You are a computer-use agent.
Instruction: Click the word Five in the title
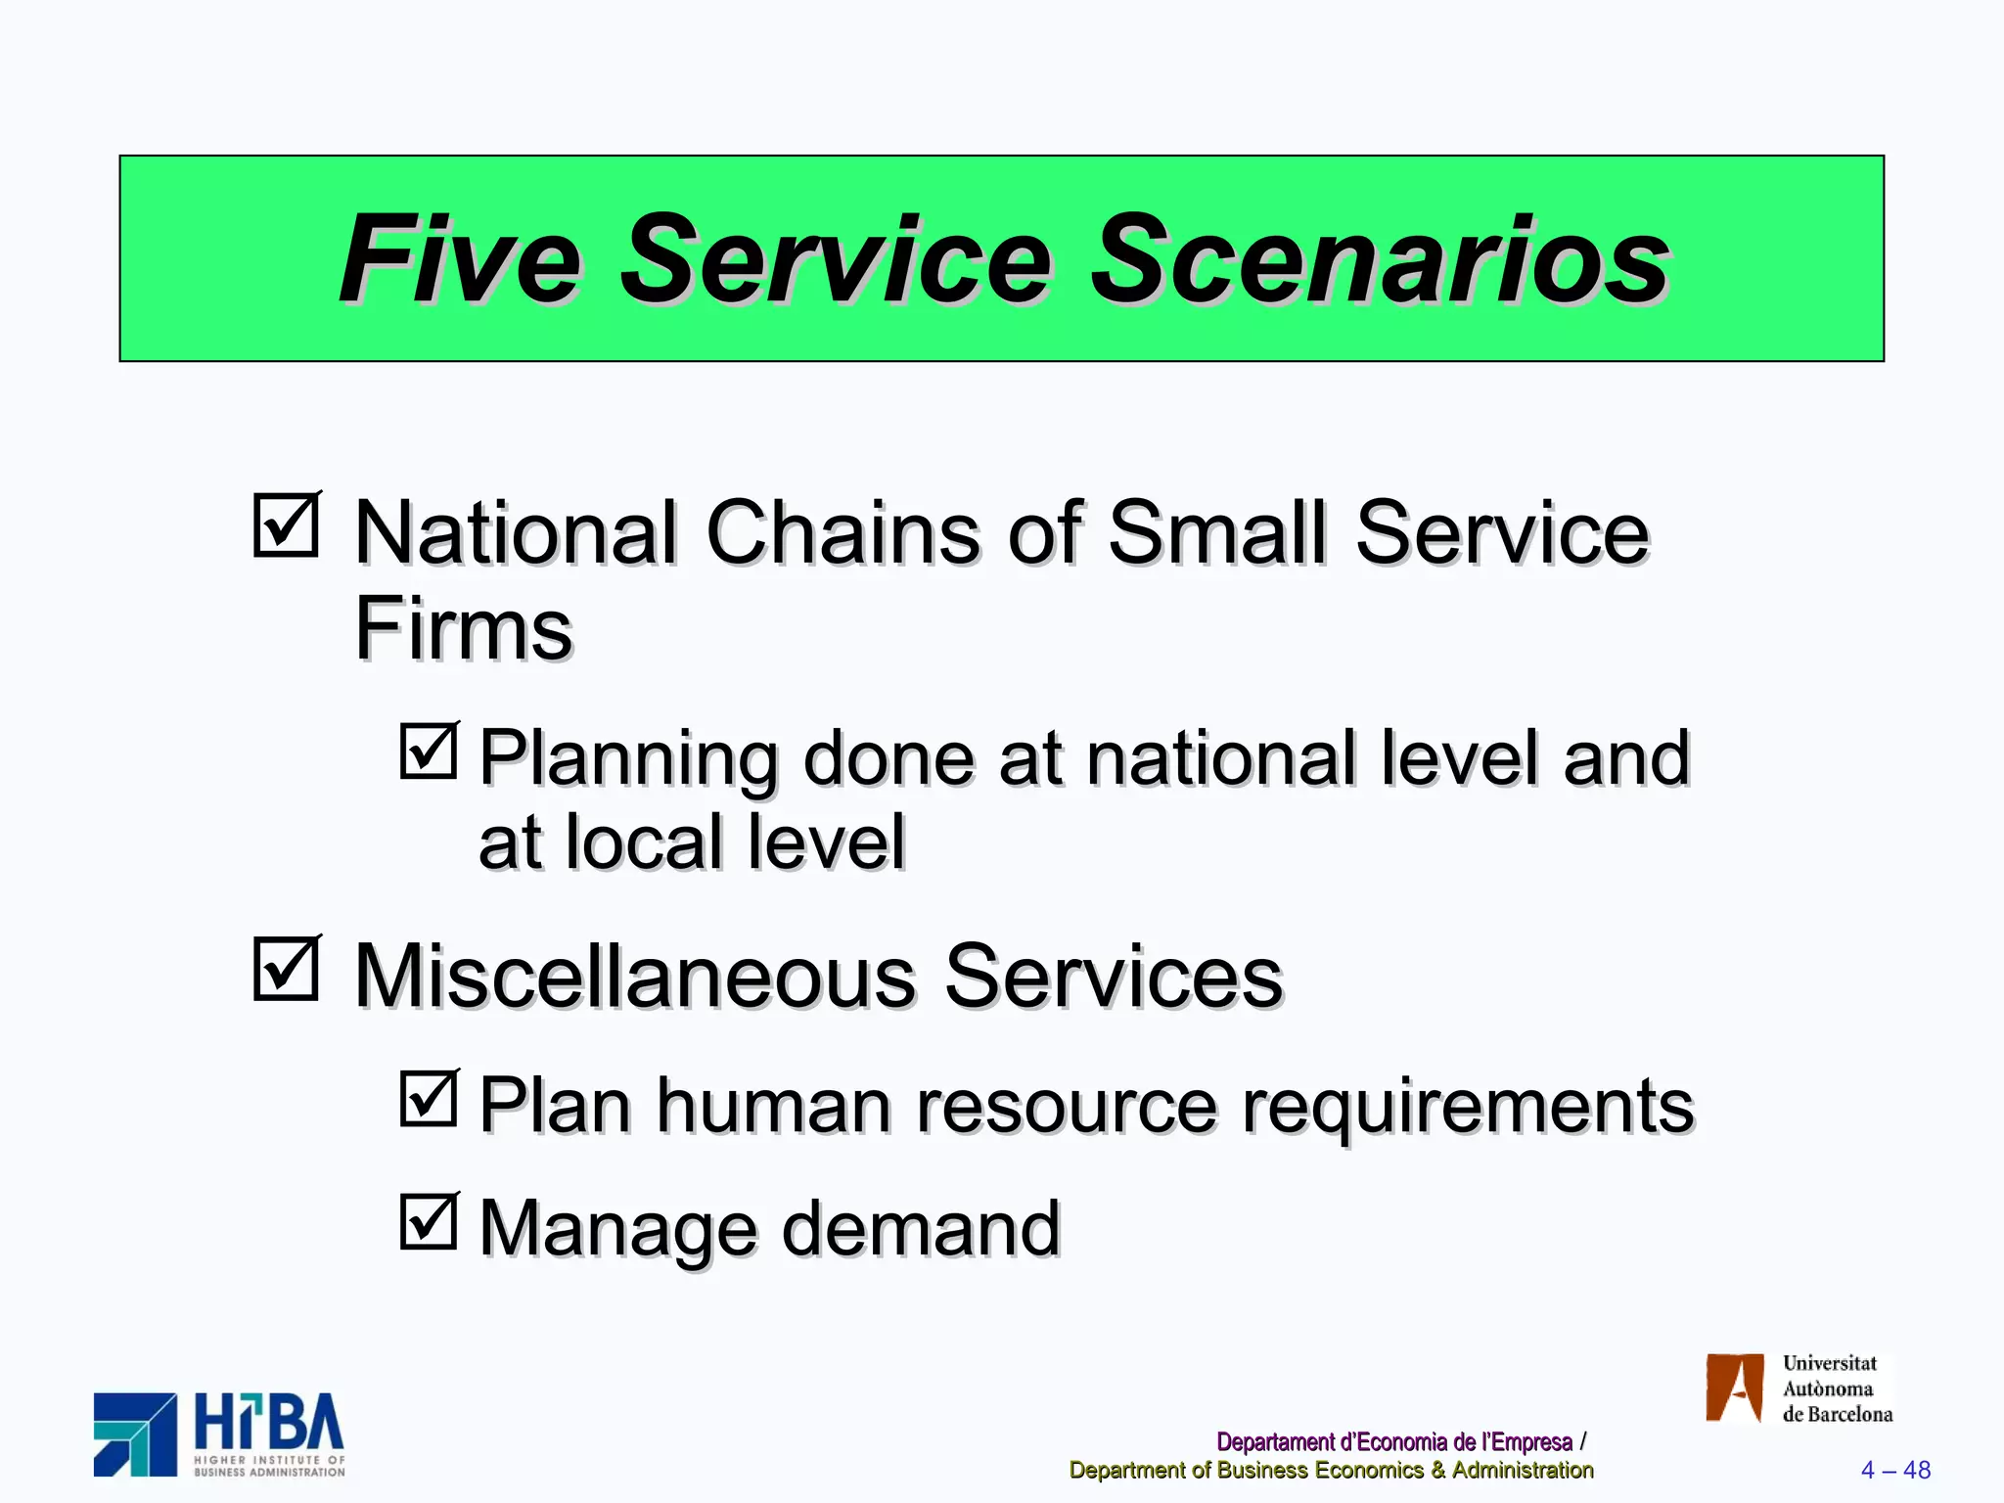coord(460,260)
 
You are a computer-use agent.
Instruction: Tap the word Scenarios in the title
coord(1380,260)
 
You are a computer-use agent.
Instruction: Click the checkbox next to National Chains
coord(286,525)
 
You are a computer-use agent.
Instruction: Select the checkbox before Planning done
coord(429,751)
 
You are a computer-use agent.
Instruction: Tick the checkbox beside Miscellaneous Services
coord(286,970)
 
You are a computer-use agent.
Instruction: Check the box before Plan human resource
coord(429,1099)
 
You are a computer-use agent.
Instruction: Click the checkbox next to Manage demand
coord(429,1221)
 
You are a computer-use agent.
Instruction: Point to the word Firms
coord(462,629)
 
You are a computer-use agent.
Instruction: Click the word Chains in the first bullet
coord(842,533)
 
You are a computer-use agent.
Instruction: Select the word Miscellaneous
coord(634,977)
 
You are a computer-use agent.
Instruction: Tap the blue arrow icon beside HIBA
coord(135,1435)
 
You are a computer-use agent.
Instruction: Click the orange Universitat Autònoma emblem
coord(1734,1388)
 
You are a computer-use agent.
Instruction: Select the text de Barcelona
coord(1837,1414)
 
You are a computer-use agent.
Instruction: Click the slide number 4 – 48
coord(1895,1470)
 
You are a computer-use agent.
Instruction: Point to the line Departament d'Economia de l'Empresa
coord(1393,1442)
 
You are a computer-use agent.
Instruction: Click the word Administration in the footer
coord(1523,1470)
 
